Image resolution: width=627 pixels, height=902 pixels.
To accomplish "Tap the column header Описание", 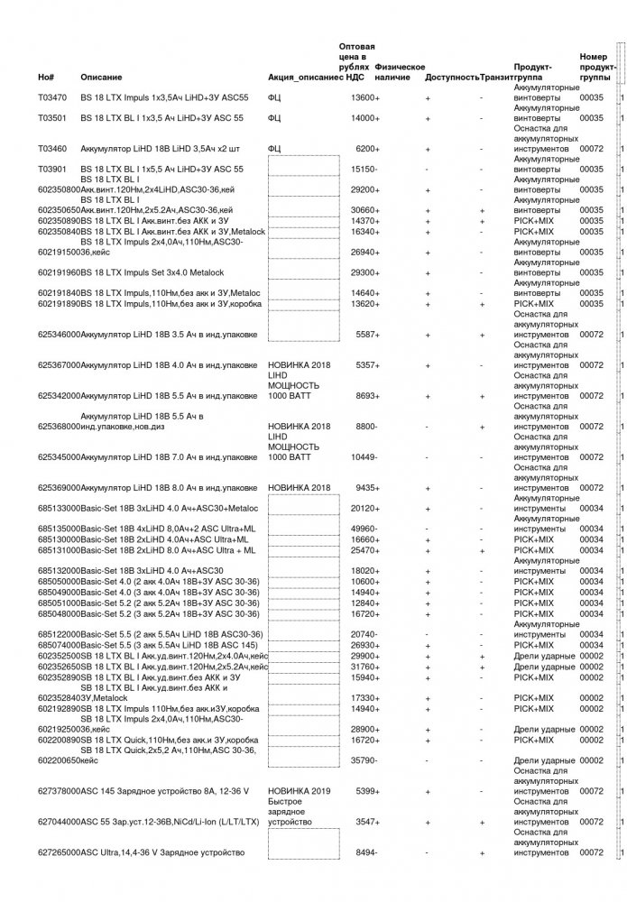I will (101, 78).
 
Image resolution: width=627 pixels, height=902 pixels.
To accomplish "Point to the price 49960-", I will (364, 528).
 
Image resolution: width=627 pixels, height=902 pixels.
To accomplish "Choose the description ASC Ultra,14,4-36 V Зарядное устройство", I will (162, 852).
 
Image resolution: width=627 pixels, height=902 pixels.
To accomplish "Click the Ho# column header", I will (46, 78).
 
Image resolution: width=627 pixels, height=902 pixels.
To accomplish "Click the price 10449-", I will (364, 457).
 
